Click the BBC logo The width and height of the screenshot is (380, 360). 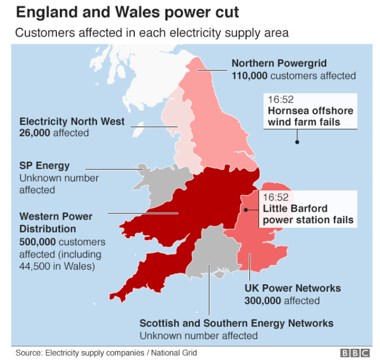click(x=355, y=353)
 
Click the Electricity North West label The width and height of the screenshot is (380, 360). click(x=72, y=122)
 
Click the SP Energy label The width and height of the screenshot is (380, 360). click(x=45, y=165)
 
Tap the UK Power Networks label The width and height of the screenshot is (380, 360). click(x=292, y=289)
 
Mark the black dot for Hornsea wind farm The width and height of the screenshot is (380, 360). click(x=297, y=142)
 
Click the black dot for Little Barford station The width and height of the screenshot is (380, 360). click(x=246, y=210)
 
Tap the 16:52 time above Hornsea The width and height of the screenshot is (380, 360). click(x=280, y=100)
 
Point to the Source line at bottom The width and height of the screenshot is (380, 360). click(x=106, y=353)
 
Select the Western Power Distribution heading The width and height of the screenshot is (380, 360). click(x=55, y=223)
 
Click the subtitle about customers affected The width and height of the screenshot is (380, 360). click(x=152, y=33)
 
